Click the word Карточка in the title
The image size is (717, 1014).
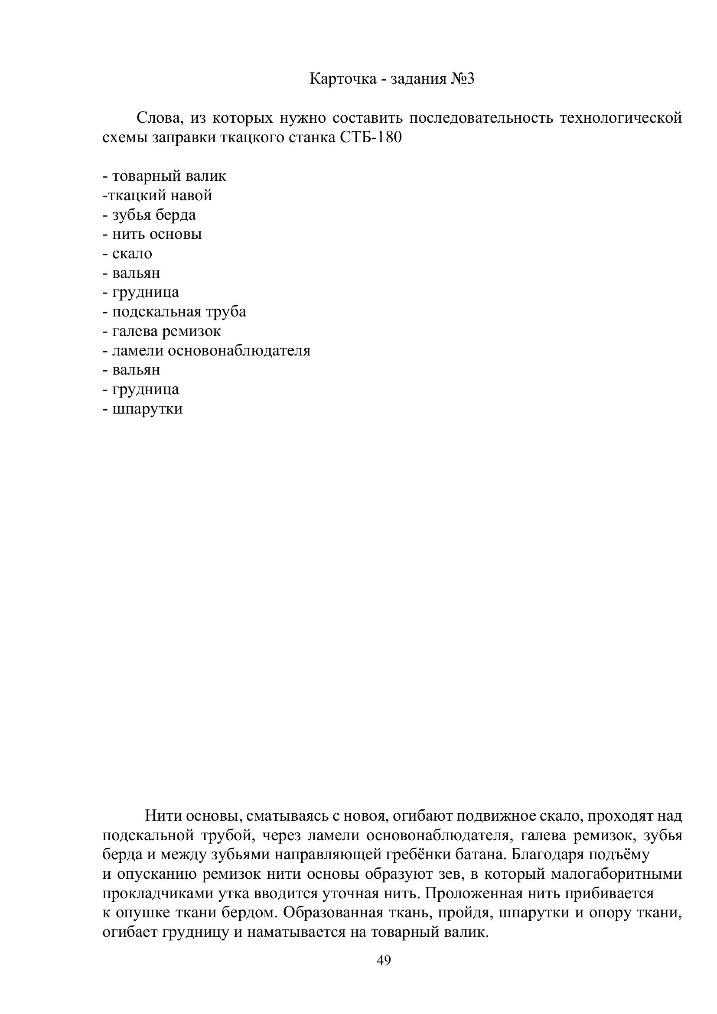point(342,79)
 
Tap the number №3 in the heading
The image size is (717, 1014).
point(462,79)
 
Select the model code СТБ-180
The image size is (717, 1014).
point(372,137)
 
